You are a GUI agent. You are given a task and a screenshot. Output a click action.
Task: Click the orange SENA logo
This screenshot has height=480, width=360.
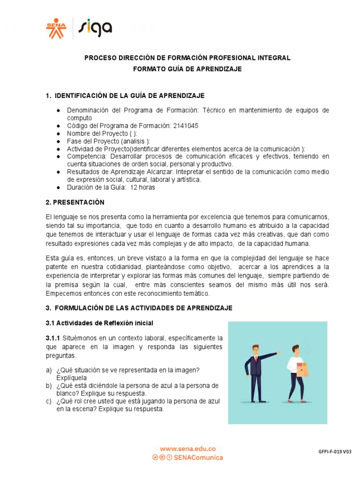tap(56, 28)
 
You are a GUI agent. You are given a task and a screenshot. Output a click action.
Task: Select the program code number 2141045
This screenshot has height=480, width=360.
tap(186, 126)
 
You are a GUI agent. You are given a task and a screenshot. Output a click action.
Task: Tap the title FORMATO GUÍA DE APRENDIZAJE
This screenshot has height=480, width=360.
tap(187, 69)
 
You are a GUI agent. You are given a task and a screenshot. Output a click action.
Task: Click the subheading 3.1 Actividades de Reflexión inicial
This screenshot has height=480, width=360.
tap(99, 323)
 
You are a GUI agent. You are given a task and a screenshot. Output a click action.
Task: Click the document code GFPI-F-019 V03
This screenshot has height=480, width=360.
tap(335, 452)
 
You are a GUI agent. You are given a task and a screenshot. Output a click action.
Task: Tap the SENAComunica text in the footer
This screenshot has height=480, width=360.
tap(198, 457)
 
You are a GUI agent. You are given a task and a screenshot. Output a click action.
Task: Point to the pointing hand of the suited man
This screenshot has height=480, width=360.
tap(279, 352)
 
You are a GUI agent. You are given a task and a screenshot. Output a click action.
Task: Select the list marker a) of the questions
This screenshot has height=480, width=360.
tap(49, 370)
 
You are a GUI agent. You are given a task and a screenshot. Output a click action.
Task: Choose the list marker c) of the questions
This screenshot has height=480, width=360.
tap(49, 401)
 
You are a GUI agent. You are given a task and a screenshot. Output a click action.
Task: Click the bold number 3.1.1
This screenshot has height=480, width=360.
tap(53, 338)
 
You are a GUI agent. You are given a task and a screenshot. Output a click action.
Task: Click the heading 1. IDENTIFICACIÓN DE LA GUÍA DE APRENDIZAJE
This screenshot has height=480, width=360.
tap(125, 96)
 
